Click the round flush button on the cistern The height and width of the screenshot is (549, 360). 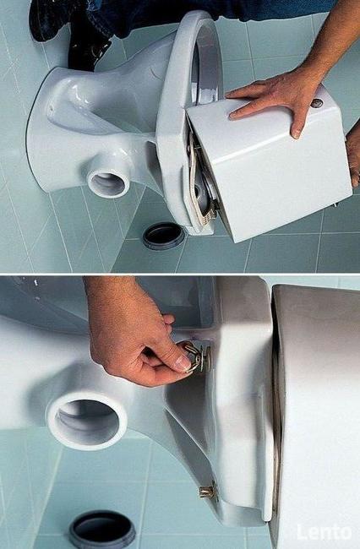pyautogui.click(x=317, y=103)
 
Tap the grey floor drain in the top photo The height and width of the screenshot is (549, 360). pyautogui.click(x=164, y=236)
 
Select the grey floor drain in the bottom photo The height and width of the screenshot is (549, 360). pyautogui.click(x=102, y=530)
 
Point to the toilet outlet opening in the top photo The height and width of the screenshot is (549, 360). pyautogui.click(x=108, y=181)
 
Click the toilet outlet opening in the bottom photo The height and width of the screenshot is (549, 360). pyautogui.click(x=87, y=421)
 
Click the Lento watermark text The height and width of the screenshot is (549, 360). pyautogui.click(x=324, y=533)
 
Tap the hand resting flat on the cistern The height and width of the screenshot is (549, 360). pyautogui.click(x=281, y=98)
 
